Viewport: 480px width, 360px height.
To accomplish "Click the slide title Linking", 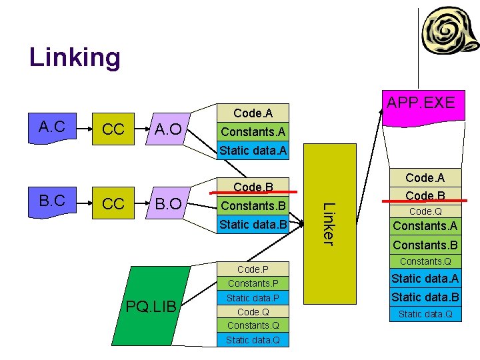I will tap(75, 57).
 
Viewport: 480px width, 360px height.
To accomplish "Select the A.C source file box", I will tap(51, 127).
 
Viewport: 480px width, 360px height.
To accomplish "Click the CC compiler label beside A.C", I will tap(113, 129).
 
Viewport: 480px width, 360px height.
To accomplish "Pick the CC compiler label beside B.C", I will tap(113, 203).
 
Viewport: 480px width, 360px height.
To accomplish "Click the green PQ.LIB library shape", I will tap(151, 305).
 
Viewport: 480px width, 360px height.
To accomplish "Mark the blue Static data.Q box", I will tap(425, 314).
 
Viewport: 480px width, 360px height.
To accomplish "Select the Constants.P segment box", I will tap(253, 284).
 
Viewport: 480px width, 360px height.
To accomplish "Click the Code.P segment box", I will tap(253, 269).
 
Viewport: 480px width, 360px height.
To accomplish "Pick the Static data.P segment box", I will tap(253, 298).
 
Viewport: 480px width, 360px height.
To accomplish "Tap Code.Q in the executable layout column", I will tap(425, 211).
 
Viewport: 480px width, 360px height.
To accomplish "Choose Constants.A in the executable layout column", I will tap(425, 227).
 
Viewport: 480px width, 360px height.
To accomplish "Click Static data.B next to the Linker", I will tap(253, 224).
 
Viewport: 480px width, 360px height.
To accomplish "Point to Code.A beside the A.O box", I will tap(253, 114).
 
